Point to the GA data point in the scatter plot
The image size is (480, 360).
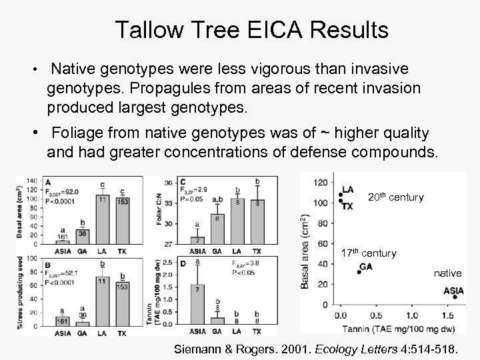pyautogui.click(x=359, y=272)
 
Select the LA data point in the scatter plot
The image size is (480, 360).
pyautogui.click(x=340, y=193)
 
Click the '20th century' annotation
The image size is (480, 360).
pyautogui.click(x=395, y=197)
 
